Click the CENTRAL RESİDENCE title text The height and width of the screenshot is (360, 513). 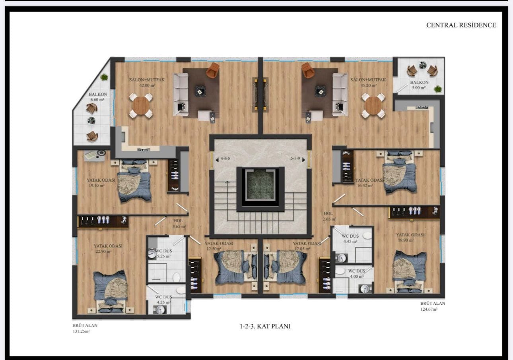coord(461,25)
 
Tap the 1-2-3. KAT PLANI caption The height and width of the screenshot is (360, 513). coord(265,326)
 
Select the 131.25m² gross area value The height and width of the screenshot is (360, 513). coord(81,331)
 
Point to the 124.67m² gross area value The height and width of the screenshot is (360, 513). coord(429,309)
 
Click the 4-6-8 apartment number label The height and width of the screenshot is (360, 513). coord(225,159)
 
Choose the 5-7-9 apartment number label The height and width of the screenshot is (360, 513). coord(295,158)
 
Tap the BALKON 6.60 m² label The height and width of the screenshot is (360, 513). coord(97,97)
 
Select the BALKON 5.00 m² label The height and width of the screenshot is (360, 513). coord(419,85)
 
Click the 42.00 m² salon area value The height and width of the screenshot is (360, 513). coord(147,85)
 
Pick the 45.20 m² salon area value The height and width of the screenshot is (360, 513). coord(368,85)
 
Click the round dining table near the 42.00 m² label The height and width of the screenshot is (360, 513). coord(141,106)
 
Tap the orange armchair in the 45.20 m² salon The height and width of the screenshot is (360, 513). coord(307,70)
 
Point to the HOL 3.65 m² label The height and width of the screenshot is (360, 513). coord(179,224)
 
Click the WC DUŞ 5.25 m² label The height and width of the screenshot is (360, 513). coord(163,254)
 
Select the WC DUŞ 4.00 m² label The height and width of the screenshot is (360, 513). coord(356,274)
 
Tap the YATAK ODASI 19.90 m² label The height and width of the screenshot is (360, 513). coord(410,237)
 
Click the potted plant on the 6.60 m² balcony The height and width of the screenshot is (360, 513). coord(104,77)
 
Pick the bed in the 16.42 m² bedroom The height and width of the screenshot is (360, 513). coord(399,172)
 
